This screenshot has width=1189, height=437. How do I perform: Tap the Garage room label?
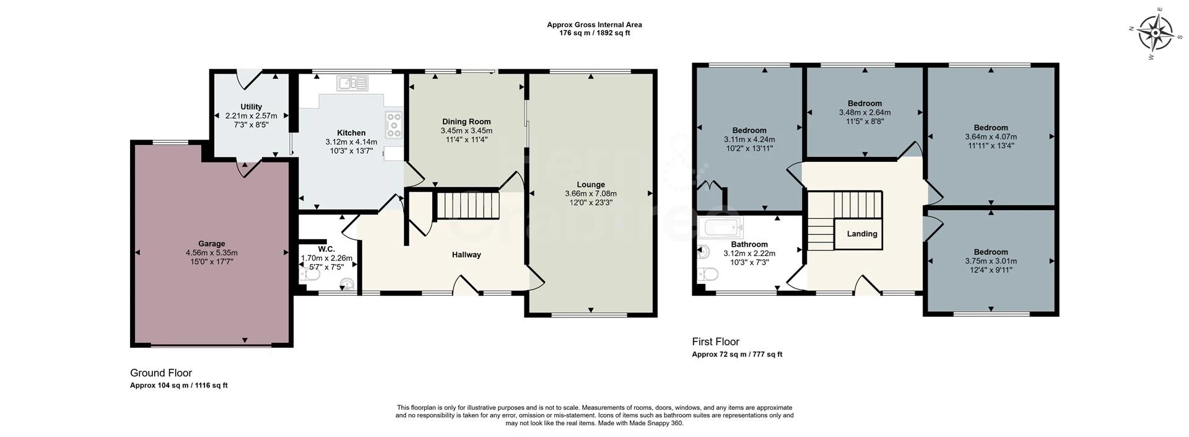(212, 244)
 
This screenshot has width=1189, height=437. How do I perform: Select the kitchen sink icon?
(352, 82)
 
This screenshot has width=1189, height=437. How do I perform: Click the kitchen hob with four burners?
(394, 125)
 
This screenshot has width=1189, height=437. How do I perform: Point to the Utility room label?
(251, 107)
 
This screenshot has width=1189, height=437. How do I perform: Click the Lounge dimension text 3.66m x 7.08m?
(591, 193)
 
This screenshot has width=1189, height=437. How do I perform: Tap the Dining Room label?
(466, 121)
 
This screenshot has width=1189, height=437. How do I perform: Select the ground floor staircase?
(468, 205)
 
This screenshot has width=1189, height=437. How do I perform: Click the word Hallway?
(466, 255)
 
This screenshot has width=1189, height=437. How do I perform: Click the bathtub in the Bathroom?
(720, 227)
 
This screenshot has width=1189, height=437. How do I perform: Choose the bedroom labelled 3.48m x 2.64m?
(865, 112)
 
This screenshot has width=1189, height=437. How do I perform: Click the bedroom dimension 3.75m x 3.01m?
(991, 261)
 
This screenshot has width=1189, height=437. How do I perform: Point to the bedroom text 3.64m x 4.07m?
(991, 137)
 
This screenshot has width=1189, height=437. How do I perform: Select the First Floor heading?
(715, 342)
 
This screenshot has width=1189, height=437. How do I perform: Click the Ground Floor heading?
(161, 373)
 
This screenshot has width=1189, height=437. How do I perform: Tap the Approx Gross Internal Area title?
(594, 25)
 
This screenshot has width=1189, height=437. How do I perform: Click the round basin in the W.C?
(348, 285)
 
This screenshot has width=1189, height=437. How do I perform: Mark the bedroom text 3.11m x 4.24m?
(749, 139)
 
